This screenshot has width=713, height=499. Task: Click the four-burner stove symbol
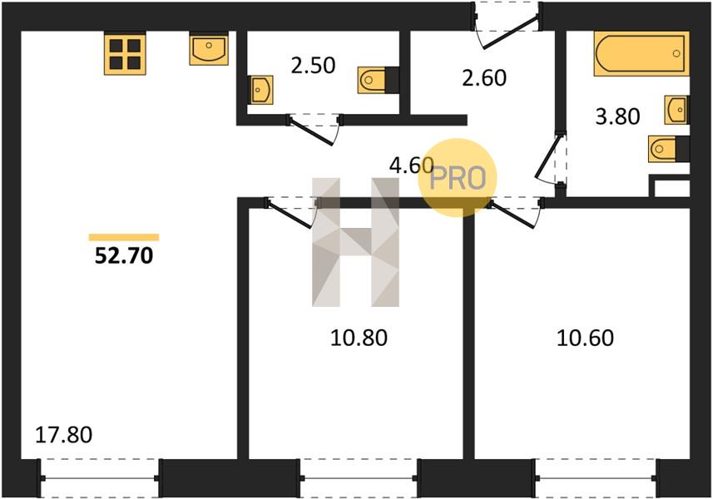pos(125,53)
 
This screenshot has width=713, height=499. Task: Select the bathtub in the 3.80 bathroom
pos(641,53)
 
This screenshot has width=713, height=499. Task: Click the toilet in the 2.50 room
pos(379,80)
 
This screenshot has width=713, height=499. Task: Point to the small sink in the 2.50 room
pos(261,90)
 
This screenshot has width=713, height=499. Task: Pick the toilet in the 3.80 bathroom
pos(668,148)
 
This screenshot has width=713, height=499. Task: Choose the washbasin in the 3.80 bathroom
pos(676,110)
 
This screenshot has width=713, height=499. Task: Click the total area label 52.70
pos(124,256)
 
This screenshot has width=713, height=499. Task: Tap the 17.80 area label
pos(64,435)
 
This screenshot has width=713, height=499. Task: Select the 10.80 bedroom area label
pos(359,338)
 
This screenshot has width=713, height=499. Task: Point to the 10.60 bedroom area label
pos(585,338)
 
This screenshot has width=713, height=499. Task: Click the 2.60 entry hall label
pos(484,77)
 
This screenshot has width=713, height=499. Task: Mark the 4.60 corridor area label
pos(412,166)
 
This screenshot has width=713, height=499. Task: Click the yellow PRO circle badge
pos(458,177)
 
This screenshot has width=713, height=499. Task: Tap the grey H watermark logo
pos(355,242)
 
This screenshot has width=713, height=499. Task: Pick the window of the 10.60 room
pos(596,478)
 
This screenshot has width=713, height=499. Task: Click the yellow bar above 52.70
pos(124,237)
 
